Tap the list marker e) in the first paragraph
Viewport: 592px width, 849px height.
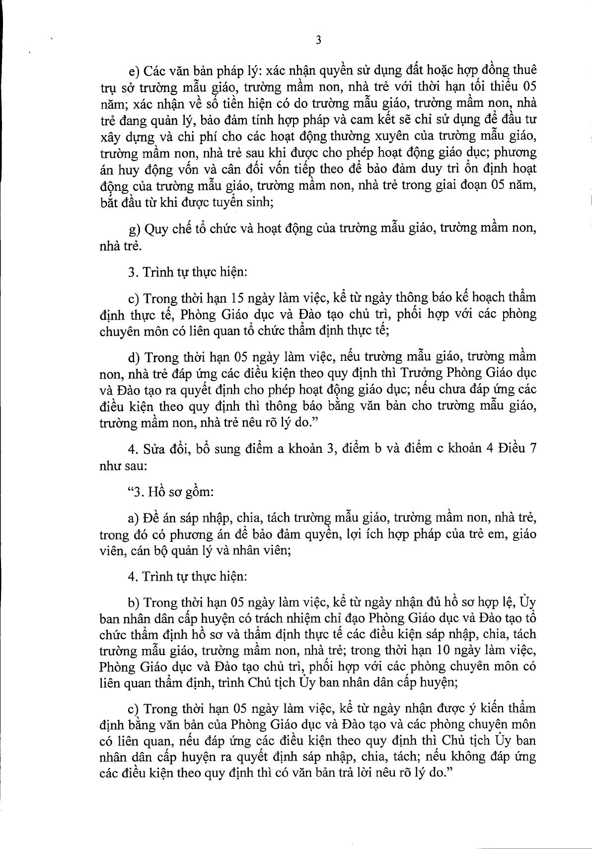(133, 70)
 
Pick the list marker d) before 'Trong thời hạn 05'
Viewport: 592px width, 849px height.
(133, 357)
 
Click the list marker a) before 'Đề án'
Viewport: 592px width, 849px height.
(133, 519)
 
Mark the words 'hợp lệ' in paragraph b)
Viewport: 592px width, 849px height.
(495, 603)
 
